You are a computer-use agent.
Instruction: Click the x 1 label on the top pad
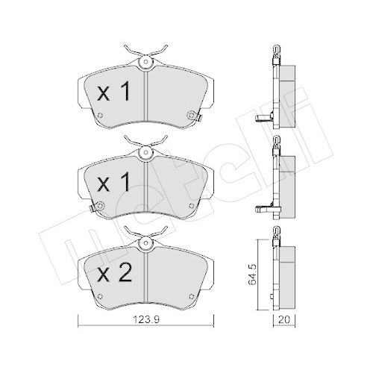[114, 93]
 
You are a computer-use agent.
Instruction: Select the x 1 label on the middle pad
[114, 183]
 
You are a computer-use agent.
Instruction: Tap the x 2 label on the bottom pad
[114, 273]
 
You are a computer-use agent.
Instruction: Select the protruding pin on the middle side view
[265, 210]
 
